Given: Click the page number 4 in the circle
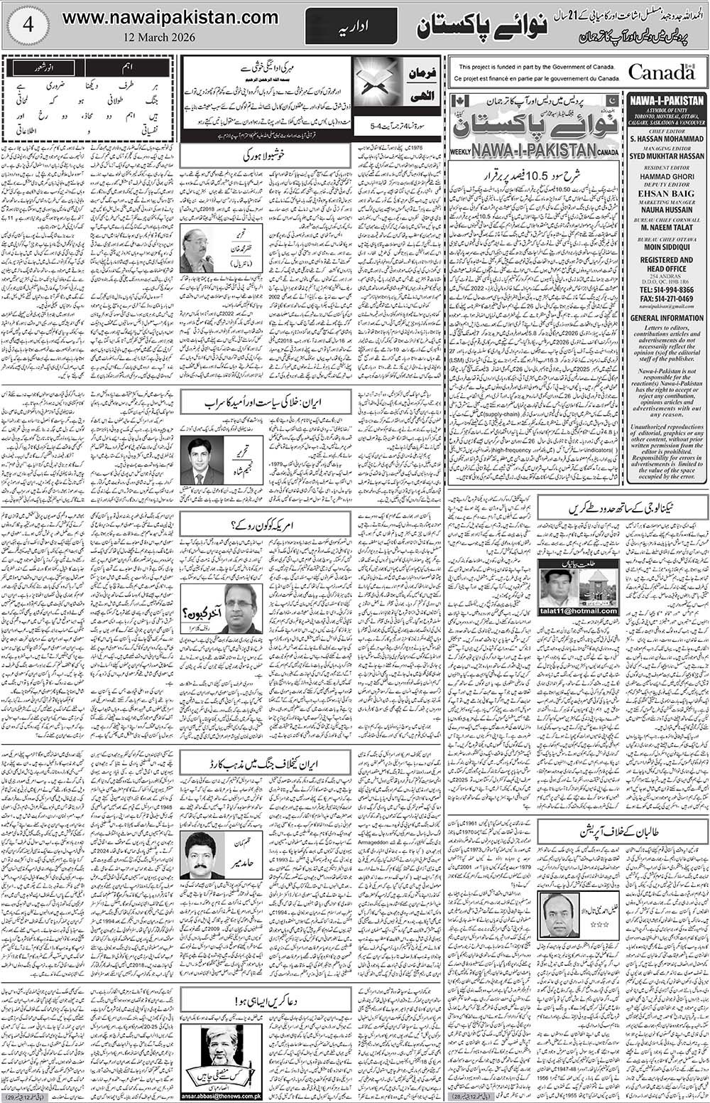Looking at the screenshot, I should (x=28, y=26).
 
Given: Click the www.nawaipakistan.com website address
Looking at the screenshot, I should (x=170, y=17).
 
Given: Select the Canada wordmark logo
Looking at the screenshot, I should (x=660, y=72).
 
